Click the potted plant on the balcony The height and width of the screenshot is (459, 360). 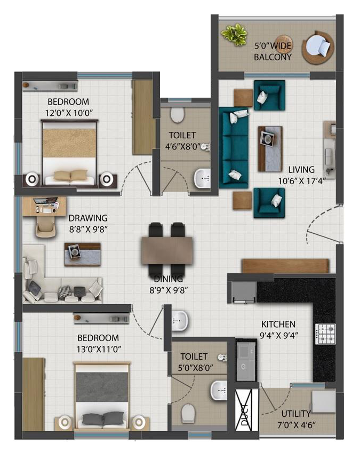(x=234, y=34)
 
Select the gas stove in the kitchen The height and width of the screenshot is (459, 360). (x=325, y=334)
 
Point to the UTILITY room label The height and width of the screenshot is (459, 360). (x=295, y=414)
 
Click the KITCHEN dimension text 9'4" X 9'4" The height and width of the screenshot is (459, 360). (x=279, y=335)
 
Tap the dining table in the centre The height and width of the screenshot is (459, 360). (x=167, y=250)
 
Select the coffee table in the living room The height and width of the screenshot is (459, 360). (x=270, y=149)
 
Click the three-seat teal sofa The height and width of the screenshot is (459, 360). (x=234, y=147)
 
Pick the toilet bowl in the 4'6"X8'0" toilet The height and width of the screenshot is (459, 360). (x=177, y=114)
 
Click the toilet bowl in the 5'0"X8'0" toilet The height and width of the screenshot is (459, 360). (x=188, y=413)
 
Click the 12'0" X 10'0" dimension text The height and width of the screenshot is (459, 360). (x=69, y=113)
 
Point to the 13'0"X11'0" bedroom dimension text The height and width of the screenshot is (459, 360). (x=98, y=349)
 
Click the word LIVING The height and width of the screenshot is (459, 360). (x=301, y=170)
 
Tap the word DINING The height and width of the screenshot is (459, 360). (x=169, y=279)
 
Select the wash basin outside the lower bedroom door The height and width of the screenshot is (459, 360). (x=179, y=321)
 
